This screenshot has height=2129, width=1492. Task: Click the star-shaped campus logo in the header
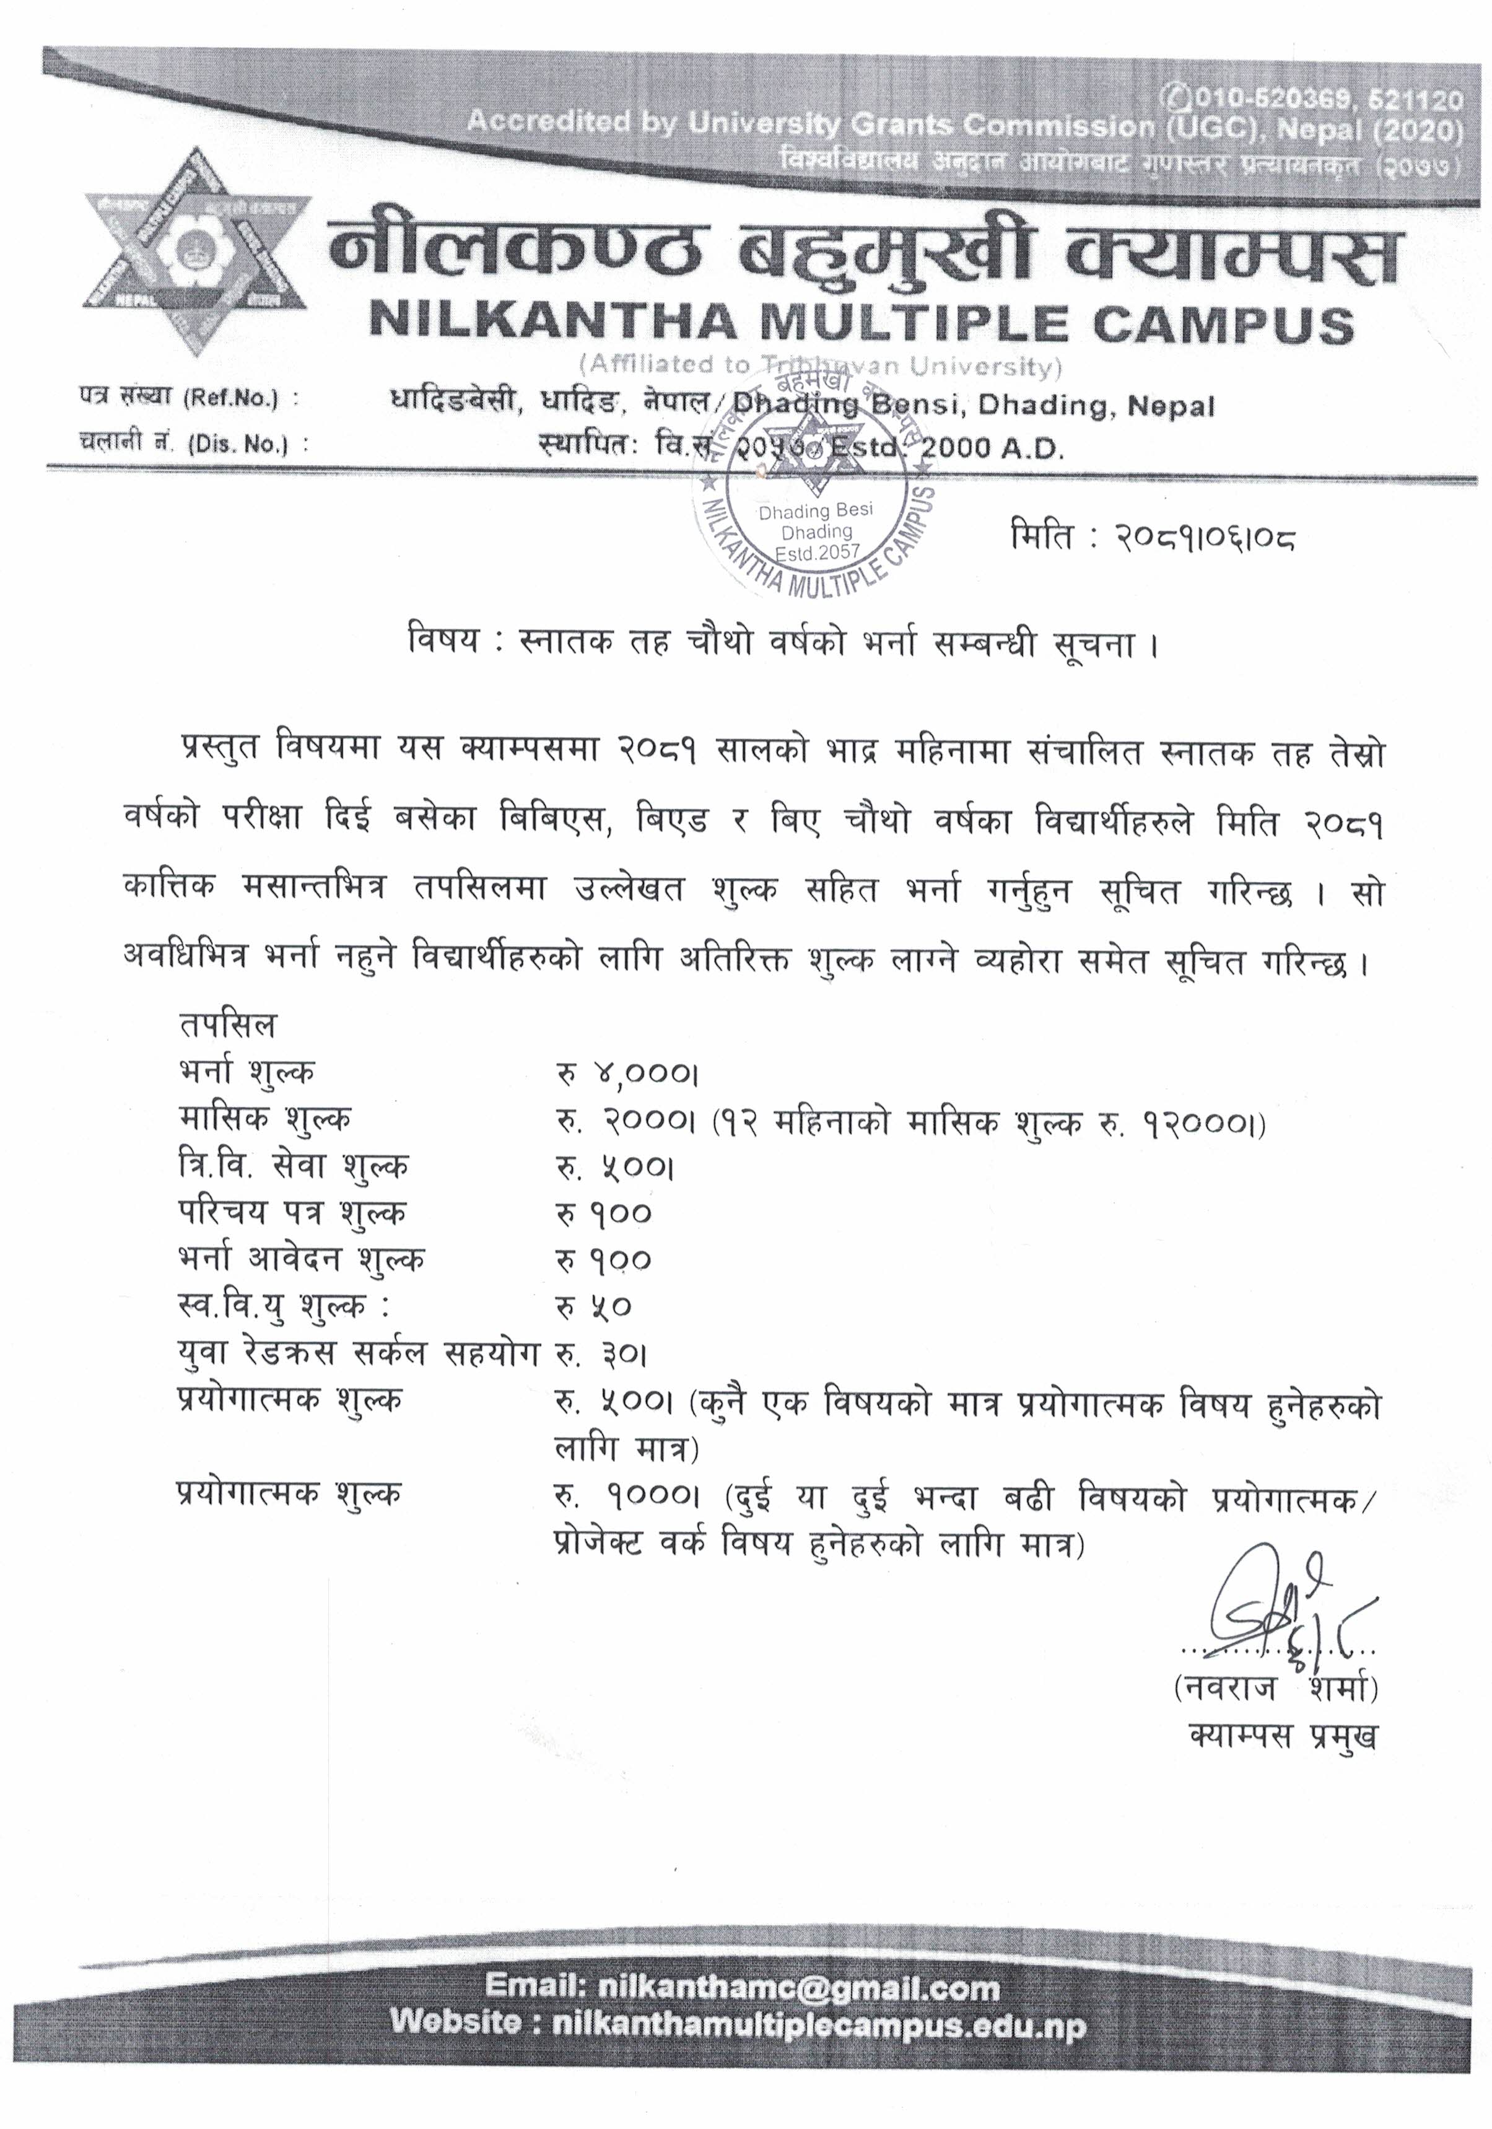[198, 252]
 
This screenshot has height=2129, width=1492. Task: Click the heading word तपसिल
[227, 1026]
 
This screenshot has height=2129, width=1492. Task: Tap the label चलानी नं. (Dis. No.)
[193, 444]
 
